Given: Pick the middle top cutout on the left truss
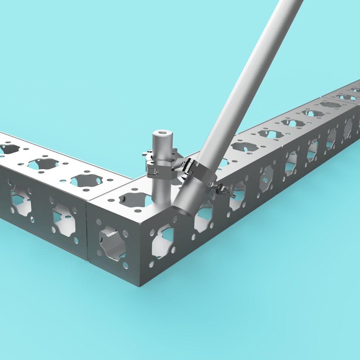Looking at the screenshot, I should (x=43, y=163).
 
